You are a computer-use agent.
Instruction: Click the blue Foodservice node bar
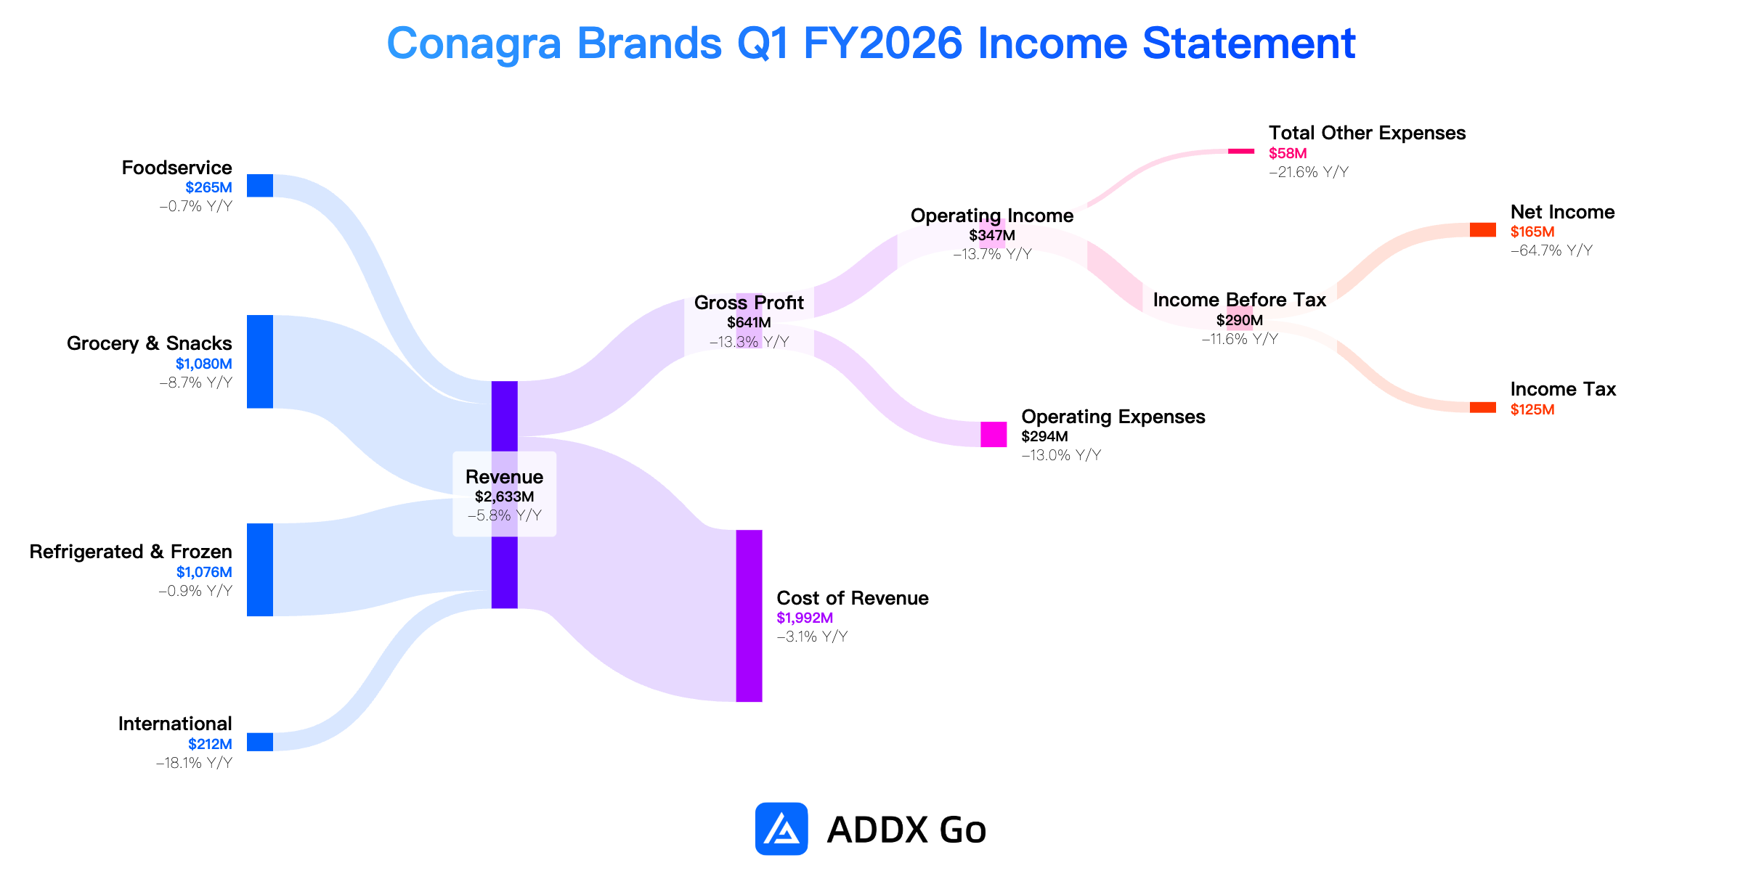(260, 185)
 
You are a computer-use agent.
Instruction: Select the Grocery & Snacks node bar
(260, 361)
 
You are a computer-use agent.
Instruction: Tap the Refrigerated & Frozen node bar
(260, 570)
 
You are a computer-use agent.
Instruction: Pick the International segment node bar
(260, 742)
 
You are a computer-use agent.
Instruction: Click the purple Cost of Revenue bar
(749, 616)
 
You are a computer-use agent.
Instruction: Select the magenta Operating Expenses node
(994, 434)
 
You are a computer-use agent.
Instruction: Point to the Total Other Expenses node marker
(1240, 151)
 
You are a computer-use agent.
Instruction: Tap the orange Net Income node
(1483, 229)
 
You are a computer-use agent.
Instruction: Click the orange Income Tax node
(1483, 407)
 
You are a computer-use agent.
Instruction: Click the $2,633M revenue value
(505, 496)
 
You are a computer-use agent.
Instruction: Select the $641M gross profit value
(749, 322)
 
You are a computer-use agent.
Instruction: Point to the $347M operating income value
(992, 235)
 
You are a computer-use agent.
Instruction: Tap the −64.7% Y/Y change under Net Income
(1551, 250)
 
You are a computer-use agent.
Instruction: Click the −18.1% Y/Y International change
(194, 763)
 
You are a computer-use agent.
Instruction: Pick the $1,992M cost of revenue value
(805, 618)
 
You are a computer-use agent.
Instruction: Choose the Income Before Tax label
(1239, 300)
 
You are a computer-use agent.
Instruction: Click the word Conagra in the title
(474, 44)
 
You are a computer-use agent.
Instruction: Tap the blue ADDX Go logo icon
(781, 828)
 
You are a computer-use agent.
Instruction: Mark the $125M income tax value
(1532, 409)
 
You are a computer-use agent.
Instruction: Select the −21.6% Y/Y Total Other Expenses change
(1309, 172)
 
